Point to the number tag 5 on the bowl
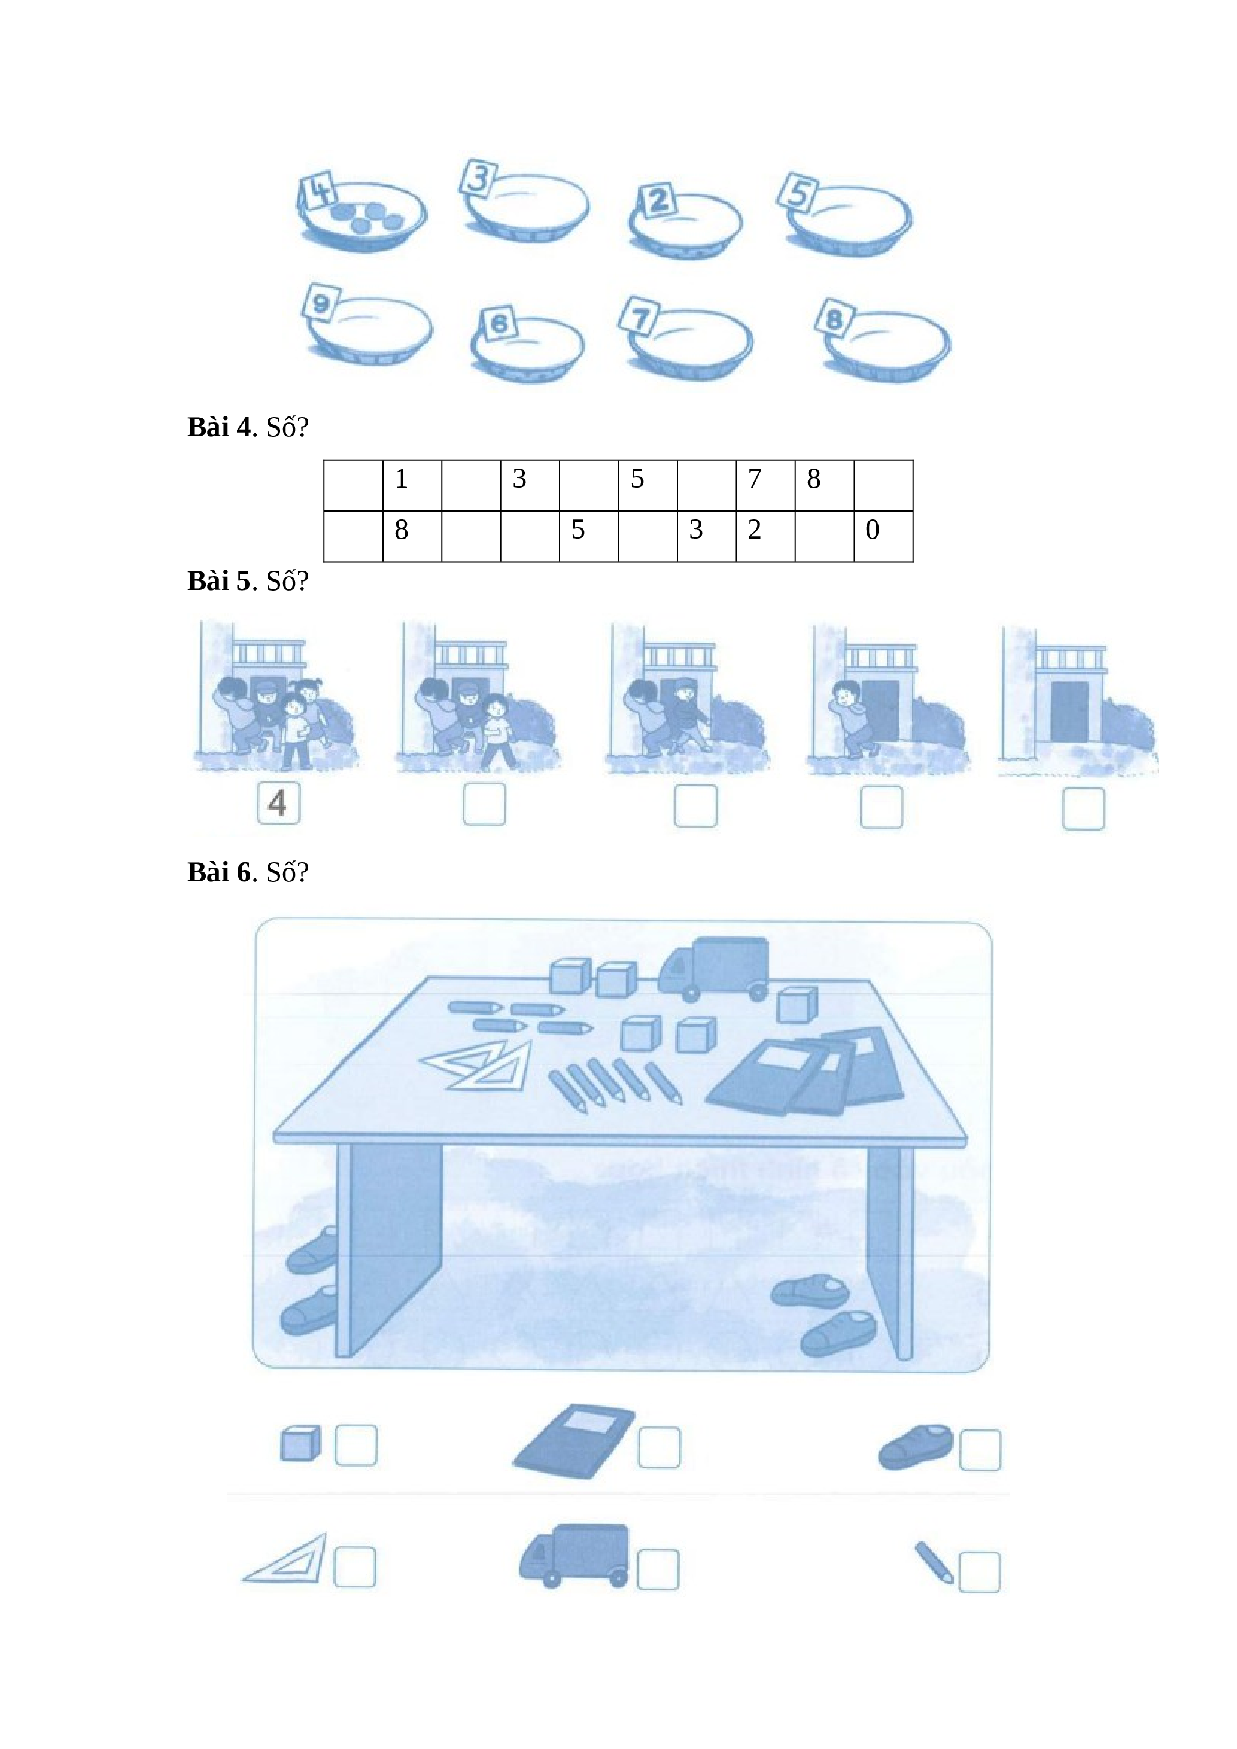click(x=798, y=191)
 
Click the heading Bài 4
click(x=220, y=427)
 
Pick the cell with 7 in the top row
click(x=765, y=485)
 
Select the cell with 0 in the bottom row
click(x=883, y=536)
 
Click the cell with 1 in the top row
click(x=412, y=485)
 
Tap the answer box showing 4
click(x=279, y=803)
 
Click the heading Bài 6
click(x=220, y=872)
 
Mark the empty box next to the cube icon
click(x=355, y=1445)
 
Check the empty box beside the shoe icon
click(x=980, y=1450)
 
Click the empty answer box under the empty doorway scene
click(x=1083, y=808)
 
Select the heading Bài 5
click(x=220, y=581)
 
